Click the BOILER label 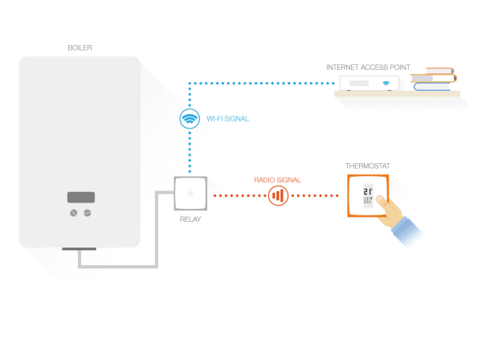pyautogui.click(x=80, y=48)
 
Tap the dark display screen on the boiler pyautogui.click(x=80, y=197)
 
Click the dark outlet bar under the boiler pyautogui.click(x=80, y=251)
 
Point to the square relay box pyautogui.click(x=190, y=194)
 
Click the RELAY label pyautogui.click(x=190, y=218)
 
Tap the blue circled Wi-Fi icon pyautogui.click(x=190, y=119)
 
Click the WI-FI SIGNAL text pyautogui.click(x=228, y=119)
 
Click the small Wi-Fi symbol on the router pyautogui.click(x=387, y=83)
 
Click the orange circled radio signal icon pyautogui.click(x=278, y=194)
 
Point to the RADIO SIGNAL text pyautogui.click(x=278, y=180)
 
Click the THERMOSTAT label pyautogui.click(x=368, y=166)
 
